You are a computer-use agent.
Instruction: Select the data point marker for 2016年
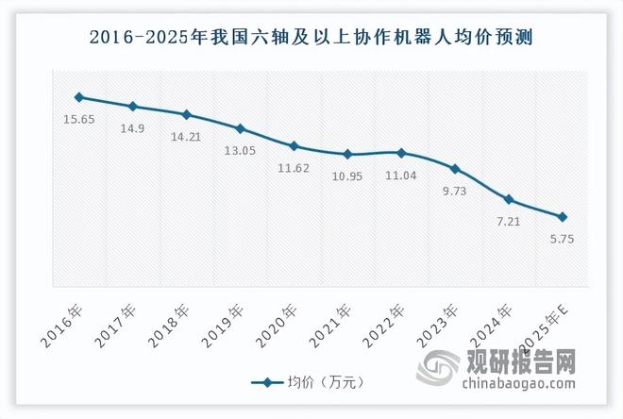point(79,97)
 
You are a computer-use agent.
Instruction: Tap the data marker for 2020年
point(295,146)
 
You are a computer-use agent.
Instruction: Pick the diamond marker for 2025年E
point(563,217)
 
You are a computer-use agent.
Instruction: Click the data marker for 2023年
point(456,170)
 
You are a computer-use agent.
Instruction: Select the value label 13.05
point(241,151)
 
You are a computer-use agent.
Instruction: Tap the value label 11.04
point(402,175)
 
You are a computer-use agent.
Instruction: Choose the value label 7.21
point(510,222)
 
